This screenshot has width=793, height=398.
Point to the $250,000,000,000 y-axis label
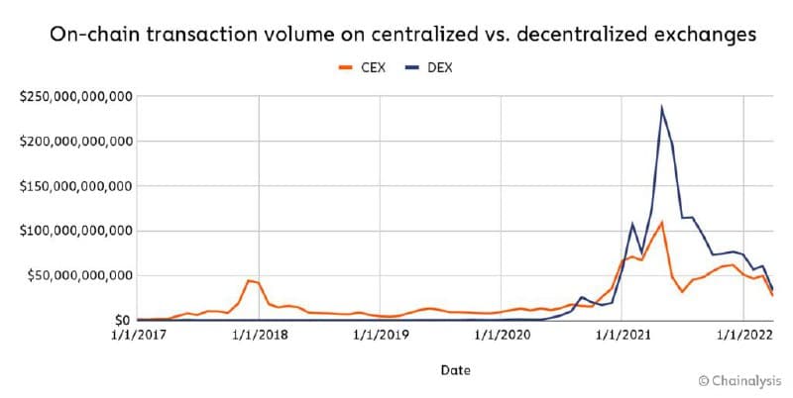[75, 97]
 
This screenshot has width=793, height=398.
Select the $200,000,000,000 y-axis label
[75, 142]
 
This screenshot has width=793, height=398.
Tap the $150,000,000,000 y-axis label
[75, 186]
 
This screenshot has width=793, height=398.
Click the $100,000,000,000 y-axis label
[75, 231]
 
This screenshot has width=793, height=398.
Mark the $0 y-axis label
[121, 321]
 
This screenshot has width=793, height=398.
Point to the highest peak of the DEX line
[661, 108]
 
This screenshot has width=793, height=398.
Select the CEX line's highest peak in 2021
[661, 223]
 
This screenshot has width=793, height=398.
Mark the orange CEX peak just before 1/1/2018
[249, 280]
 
